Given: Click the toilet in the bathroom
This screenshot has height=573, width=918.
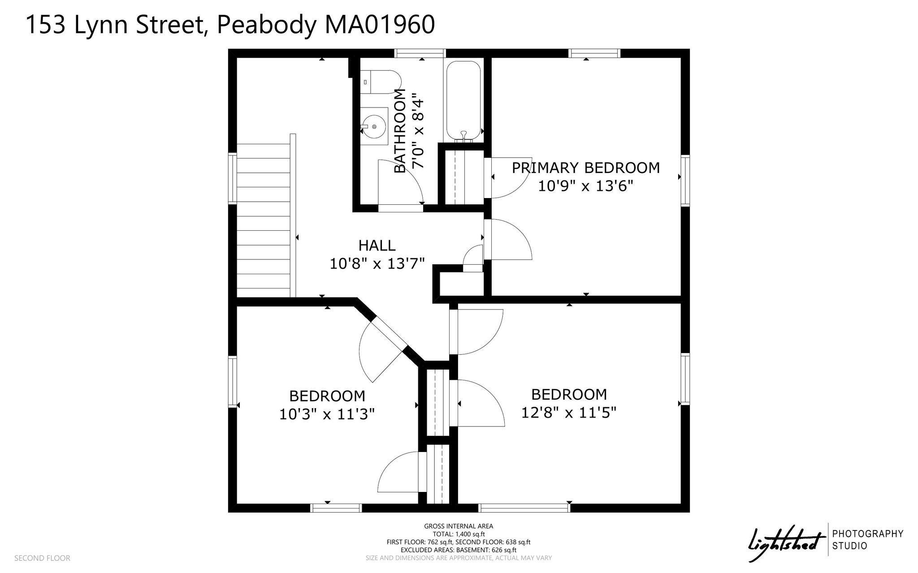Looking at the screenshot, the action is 381,82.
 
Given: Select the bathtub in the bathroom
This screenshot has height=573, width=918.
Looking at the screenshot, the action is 463,101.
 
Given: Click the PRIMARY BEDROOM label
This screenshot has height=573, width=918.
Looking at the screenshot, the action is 586,168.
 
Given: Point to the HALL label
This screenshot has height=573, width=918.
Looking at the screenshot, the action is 377,246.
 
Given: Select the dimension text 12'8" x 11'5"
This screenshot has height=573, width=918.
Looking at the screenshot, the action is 569,412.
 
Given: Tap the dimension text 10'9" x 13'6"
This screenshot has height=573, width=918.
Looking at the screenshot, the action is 585,185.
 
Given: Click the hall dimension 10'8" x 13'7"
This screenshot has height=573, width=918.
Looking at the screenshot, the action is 377,263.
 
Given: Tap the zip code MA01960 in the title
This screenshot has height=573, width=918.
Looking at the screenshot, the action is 379,24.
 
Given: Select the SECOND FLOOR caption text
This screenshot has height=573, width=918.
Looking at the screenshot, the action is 42,558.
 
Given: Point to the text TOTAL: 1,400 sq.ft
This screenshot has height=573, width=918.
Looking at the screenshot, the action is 459,534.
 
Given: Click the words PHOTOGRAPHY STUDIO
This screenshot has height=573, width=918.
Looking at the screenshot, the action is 867,540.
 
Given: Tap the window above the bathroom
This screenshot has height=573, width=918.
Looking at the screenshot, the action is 420,53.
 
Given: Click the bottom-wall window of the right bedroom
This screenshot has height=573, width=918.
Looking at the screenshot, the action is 524,508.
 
